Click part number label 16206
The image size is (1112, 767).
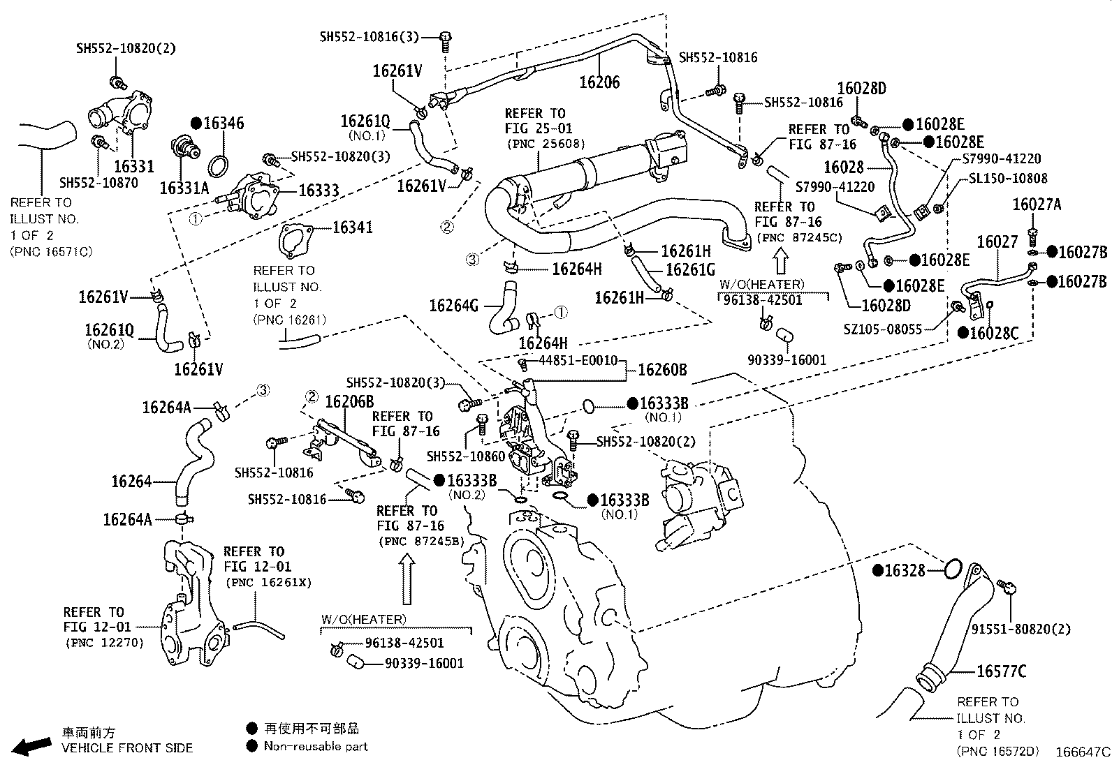point(599,82)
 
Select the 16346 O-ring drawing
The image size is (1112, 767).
point(219,166)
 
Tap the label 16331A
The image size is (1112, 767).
point(184,188)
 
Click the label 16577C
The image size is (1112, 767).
point(1001,671)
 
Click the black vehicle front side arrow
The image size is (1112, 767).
point(31,746)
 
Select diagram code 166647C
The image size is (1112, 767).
point(1081,752)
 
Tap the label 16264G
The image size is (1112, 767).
point(453,305)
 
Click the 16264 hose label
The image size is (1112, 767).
point(131,481)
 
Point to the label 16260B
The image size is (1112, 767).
point(662,370)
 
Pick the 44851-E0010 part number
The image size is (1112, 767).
point(578,360)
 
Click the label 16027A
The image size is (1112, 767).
point(1037,204)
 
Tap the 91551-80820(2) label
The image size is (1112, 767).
point(1020,629)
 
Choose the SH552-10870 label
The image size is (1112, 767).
point(98,183)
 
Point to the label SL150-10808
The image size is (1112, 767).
point(1008,179)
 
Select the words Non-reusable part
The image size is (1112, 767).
point(315,746)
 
